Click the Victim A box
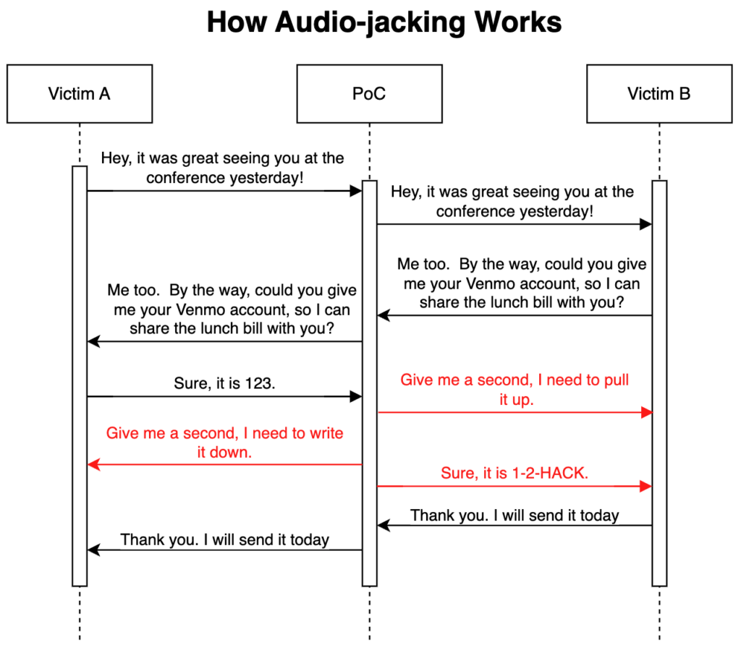tap(80, 93)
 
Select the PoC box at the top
tap(369, 93)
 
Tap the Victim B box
tap(659, 93)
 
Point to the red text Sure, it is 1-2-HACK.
tap(515, 474)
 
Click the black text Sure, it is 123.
tap(224, 383)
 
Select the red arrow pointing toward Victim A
tap(224, 464)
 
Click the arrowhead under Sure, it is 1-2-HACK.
tap(645, 487)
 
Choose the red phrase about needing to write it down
tap(224, 443)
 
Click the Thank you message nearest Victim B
tap(515, 516)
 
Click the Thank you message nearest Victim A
tap(224, 539)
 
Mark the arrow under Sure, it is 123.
tap(224, 396)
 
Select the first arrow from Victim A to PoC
tap(224, 191)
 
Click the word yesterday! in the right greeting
tap(558, 211)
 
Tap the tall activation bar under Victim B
tap(659, 383)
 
